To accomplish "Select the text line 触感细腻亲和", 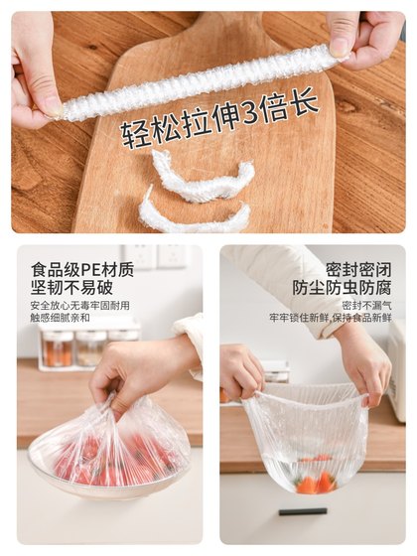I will tap(60, 318).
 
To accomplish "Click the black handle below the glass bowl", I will tap(302, 512).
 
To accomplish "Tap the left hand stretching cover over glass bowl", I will tap(241, 371).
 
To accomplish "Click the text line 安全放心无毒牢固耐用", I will tap(79, 306).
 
